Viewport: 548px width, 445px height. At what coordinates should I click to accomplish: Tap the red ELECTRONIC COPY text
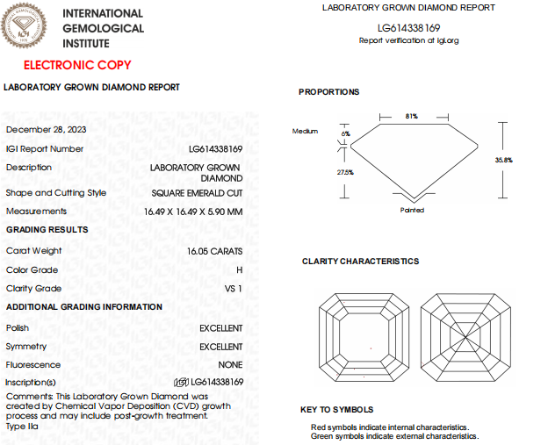coord(77,65)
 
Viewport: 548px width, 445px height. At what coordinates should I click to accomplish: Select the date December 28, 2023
coord(40,129)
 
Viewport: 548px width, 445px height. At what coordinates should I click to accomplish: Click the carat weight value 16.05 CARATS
coord(214,250)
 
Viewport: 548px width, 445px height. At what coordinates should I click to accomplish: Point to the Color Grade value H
coord(239,269)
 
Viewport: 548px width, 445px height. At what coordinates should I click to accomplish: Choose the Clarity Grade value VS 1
coord(234,288)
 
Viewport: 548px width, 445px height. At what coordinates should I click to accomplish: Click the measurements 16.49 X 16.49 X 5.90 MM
coord(193,212)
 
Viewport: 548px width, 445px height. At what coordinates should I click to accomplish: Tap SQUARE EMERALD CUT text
coord(197,193)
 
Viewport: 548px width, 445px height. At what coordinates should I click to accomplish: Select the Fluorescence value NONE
coord(231,364)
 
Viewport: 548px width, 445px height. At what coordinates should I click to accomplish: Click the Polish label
coord(18,327)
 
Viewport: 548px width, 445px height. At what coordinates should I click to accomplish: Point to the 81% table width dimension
coord(411,116)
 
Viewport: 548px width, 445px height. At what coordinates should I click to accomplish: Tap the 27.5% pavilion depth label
coord(345,173)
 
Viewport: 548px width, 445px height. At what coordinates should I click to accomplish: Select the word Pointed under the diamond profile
coord(412,210)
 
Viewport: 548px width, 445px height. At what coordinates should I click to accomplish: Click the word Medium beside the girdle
coord(305,131)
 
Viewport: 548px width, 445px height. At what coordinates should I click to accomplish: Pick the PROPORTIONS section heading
coord(328,92)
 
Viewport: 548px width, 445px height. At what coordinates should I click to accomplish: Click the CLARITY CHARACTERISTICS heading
coord(360,262)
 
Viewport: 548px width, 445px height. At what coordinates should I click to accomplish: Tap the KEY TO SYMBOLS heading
coord(336,410)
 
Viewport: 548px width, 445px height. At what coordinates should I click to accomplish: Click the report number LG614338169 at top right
coord(408,28)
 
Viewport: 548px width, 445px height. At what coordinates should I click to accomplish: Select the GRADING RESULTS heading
coord(47,230)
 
